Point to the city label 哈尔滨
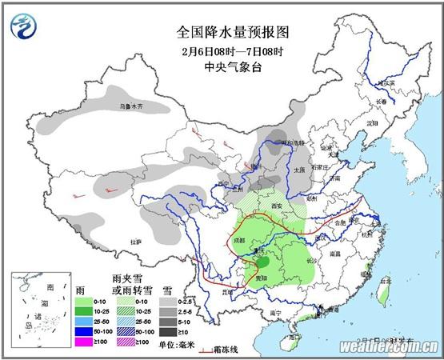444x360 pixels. [x=385, y=82]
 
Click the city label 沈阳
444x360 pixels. [x=370, y=124]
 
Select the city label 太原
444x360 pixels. [x=298, y=170]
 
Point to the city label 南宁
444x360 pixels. [x=276, y=313]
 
